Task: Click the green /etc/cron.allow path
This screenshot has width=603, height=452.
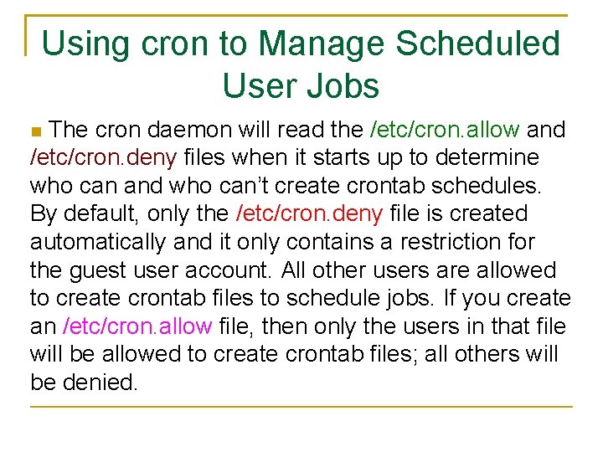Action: tap(445, 130)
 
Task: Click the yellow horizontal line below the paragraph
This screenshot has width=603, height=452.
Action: tap(301, 407)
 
